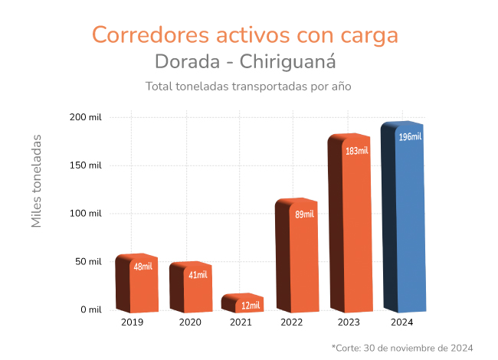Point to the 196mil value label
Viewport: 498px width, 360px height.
point(410,137)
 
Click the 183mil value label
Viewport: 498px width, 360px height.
point(357,151)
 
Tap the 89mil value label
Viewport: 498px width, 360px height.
point(304,214)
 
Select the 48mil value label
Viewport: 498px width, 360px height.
point(143,267)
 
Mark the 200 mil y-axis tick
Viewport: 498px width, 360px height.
point(85,117)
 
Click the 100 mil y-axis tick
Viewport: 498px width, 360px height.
point(85,214)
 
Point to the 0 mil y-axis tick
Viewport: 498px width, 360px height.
point(90,310)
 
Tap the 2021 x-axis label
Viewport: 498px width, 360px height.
point(241,322)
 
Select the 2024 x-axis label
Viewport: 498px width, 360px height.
point(401,322)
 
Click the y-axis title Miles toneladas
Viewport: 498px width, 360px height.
point(37,181)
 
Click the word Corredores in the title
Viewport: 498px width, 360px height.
point(142,34)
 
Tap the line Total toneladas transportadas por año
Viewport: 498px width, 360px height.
point(248,86)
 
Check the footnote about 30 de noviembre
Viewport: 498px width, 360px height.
point(402,348)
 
